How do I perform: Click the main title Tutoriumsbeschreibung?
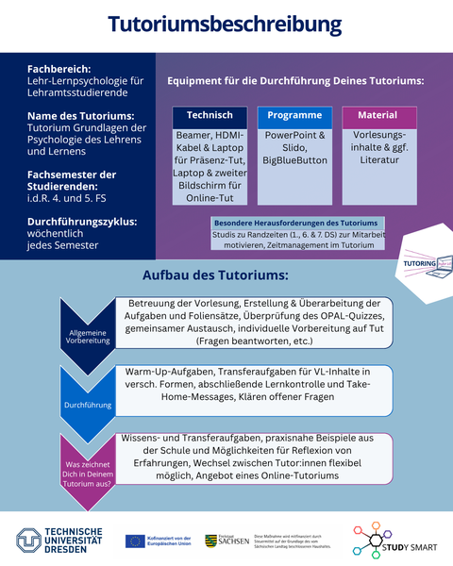[x=225, y=25]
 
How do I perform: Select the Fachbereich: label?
[x=59, y=69]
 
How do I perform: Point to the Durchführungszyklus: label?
[x=82, y=222]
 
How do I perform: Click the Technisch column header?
[x=210, y=116]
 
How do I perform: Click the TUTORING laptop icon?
[x=422, y=263]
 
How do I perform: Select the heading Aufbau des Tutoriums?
[x=215, y=276]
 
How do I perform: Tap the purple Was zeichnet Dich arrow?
[x=87, y=472]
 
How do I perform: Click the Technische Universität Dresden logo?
[x=59, y=541]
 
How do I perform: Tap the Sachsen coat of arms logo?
[x=212, y=541]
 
